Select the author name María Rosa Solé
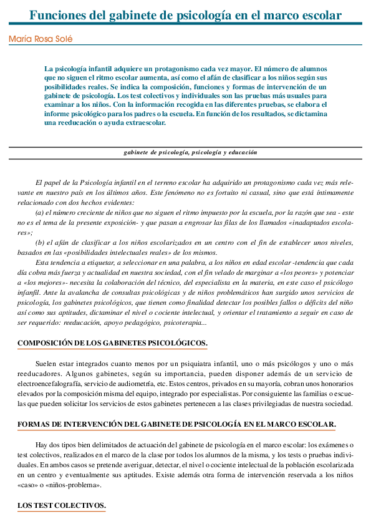tap(41, 39)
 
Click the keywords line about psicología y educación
tap(190, 152)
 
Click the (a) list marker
tap(40, 213)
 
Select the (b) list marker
tap(40, 242)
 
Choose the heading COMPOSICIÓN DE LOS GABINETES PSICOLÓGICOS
tap(112, 344)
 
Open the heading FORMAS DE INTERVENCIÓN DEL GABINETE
tap(176, 424)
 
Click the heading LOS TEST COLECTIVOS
tap(62, 505)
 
